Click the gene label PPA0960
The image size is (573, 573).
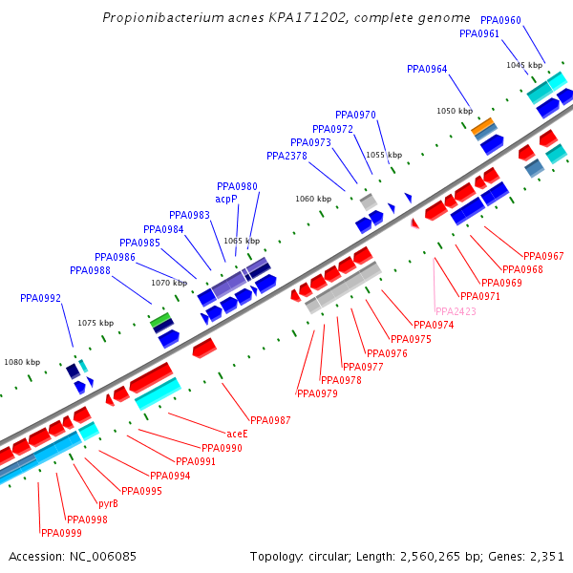pos(500,20)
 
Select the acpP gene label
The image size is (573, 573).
pos(225,199)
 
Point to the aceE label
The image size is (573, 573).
pos(237,434)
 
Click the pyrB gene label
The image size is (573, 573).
pos(108,503)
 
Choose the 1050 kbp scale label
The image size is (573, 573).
pos(455,111)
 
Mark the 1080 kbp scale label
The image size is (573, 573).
pos(22,362)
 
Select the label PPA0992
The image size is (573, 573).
pos(40,298)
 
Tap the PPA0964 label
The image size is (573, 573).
pos(427,69)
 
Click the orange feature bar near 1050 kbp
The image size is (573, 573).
pos(483,126)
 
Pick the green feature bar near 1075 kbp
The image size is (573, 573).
pos(161,319)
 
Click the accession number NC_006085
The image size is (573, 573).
pos(73,556)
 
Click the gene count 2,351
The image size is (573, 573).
pos(546,556)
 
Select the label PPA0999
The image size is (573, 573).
pos(60,533)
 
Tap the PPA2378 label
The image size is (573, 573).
pos(286,156)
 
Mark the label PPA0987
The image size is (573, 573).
pos(270,420)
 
